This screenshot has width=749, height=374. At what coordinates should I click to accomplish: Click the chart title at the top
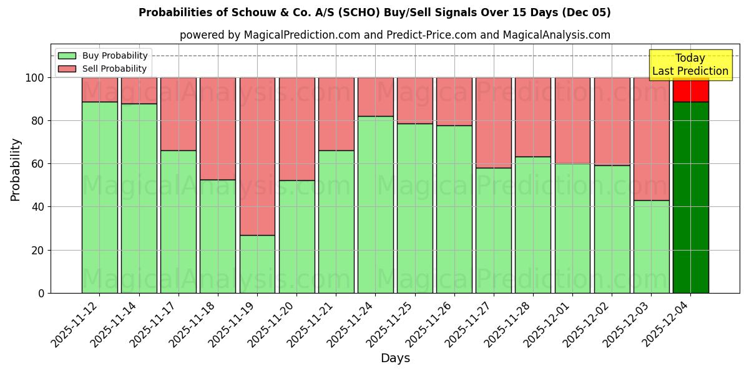[x=374, y=12]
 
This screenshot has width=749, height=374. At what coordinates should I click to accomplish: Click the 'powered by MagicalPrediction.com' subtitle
[x=394, y=35]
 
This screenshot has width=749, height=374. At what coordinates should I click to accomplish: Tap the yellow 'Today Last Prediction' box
[x=690, y=65]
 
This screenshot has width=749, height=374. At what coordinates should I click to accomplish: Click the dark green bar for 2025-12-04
[x=690, y=197]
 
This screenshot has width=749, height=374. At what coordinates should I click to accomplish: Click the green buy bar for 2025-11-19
[x=257, y=264]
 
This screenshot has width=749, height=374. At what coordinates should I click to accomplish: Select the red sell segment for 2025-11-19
[x=257, y=156]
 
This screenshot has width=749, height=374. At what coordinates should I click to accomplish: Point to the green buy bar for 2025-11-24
[x=375, y=204]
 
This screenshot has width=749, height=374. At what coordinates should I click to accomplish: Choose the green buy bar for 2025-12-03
[x=651, y=246]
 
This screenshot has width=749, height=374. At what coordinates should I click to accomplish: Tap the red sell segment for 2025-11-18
[x=218, y=128]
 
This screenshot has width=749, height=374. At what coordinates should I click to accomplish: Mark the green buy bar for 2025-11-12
[x=100, y=197]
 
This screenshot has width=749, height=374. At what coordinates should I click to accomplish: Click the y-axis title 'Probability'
[x=16, y=169]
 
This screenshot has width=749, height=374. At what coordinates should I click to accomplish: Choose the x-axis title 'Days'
[x=395, y=358]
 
